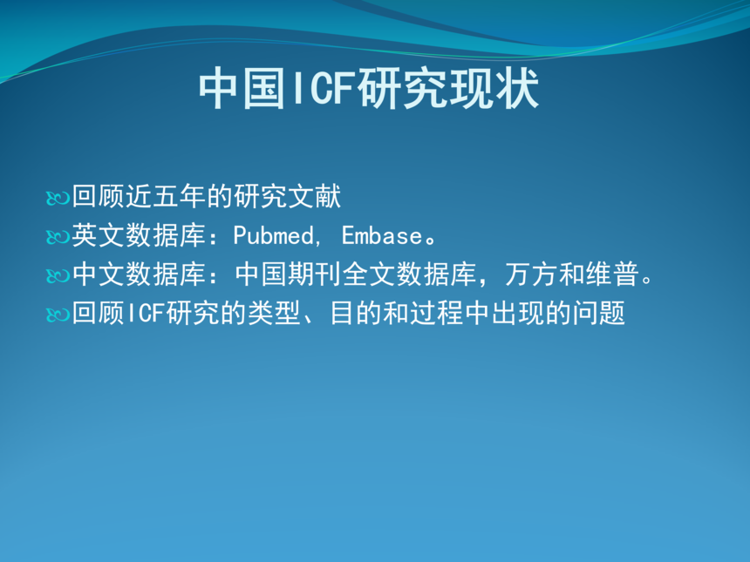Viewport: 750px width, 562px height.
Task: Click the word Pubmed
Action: pyautogui.click(x=274, y=235)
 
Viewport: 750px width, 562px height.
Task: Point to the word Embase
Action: pyautogui.click(x=382, y=235)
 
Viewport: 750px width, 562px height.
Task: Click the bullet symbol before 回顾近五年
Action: pyautogui.click(x=58, y=198)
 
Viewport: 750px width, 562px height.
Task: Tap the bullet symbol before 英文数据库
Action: pyautogui.click(x=58, y=236)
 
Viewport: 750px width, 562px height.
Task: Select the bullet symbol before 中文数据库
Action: pyautogui.click(x=58, y=275)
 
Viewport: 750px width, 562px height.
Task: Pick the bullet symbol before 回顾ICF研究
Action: pyautogui.click(x=58, y=315)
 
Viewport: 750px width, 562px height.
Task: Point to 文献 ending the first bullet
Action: pyautogui.click(x=314, y=196)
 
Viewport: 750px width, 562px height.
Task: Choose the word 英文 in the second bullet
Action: pyautogui.click(x=99, y=235)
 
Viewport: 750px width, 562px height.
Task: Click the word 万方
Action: pyautogui.click(x=531, y=274)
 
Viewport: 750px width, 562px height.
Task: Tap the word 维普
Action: pyautogui.click(x=612, y=274)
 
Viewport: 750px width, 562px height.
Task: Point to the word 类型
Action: pyautogui.click(x=274, y=313)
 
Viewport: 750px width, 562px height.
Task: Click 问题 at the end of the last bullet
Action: pyautogui.click(x=598, y=313)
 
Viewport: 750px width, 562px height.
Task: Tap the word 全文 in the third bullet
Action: pyautogui.click(x=369, y=274)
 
